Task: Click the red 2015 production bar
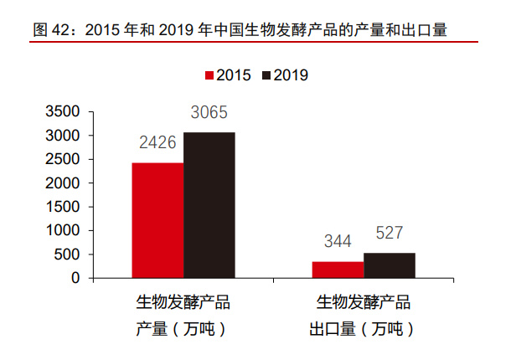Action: (x=158, y=219)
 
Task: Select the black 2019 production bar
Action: (x=209, y=204)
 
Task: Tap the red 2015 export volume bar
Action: (x=338, y=269)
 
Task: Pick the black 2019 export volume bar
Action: (x=389, y=265)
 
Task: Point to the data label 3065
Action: (x=209, y=112)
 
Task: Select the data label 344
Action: (x=338, y=243)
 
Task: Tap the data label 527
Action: (x=389, y=234)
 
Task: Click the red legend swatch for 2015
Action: (x=211, y=75)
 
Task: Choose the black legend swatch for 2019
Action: (x=266, y=75)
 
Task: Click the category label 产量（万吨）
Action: (x=183, y=329)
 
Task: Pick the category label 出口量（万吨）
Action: (x=363, y=329)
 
